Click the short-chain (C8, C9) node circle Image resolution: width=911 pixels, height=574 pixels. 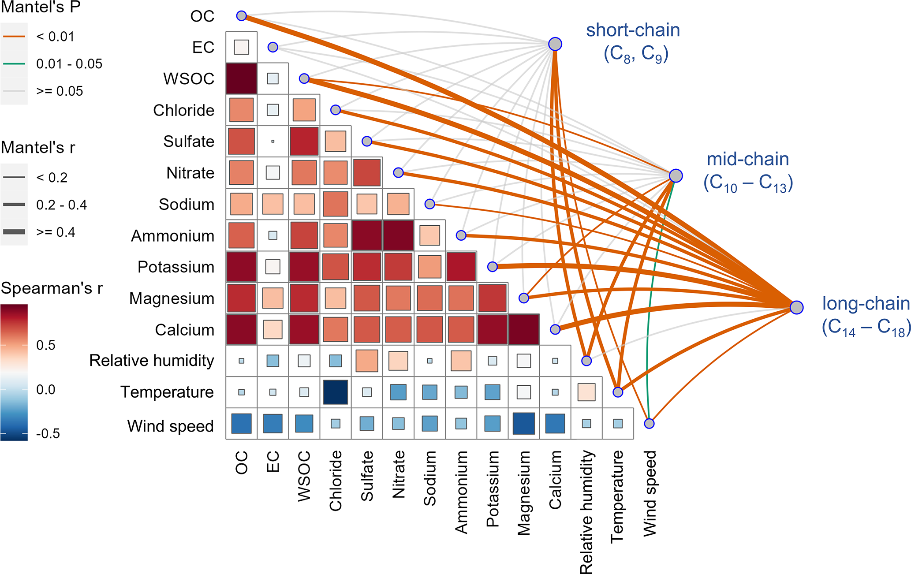(x=555, y=44)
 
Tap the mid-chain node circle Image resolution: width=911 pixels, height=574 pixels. (x=676, y=175)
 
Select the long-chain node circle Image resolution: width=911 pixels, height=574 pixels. (x=796, y=307)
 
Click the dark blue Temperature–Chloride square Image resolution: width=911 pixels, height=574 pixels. (x=336, y=392)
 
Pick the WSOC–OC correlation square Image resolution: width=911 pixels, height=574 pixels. (x=241, y=78)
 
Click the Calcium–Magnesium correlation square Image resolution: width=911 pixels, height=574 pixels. (x=524, y=329)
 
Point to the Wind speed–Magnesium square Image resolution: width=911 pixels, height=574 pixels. (x=524, y=424)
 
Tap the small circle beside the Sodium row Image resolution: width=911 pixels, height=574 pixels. (x=429, y=204)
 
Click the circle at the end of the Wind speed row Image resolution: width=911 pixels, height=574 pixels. (x=649, y=424)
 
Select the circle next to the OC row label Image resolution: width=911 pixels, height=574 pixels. (x=241, y=16)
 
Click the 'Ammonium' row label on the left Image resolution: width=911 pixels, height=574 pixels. (x=172, y=236)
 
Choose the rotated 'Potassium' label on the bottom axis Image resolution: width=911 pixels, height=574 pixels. (x=492, y=488)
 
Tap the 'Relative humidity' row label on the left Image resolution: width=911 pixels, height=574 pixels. (x=151, y=361)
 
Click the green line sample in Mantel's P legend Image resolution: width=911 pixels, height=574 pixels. (x=14, y=64)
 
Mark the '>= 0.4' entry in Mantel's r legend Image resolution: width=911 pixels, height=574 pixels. (x=56, y=232)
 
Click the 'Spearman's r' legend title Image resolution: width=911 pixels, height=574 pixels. (x=52, y=288)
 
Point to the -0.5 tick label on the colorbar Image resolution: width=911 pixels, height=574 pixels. (x=48, y=433)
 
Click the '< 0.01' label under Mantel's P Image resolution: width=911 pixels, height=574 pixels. (x=55, y=37)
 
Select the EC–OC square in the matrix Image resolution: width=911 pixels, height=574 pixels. (x=241, y=47)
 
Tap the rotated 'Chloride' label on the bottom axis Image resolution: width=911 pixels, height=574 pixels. (x=336, y=481)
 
